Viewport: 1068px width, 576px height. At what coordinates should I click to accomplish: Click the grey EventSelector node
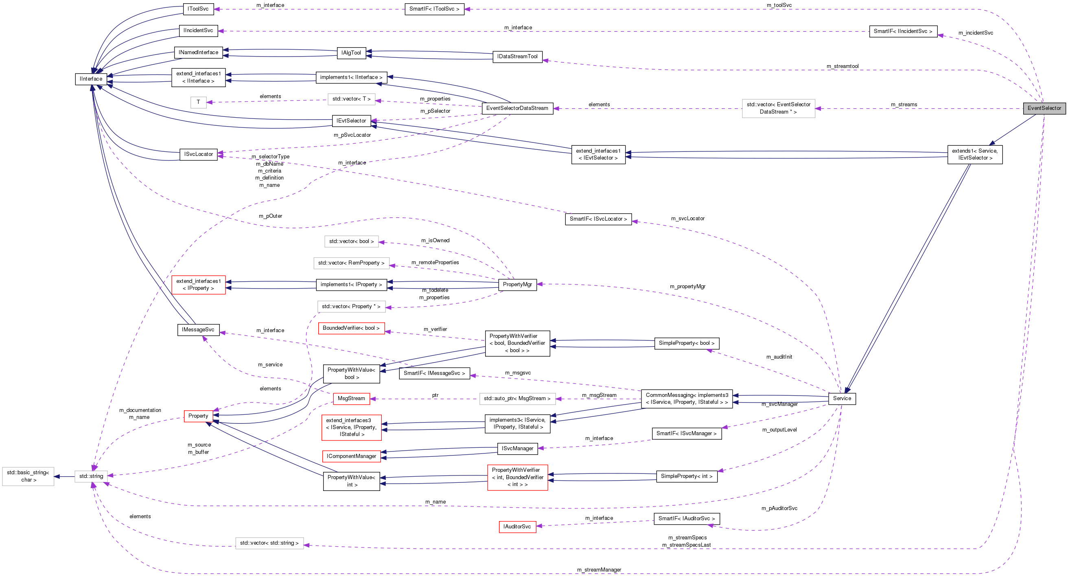coord(1044,108)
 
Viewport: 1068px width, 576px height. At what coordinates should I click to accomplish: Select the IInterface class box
coord(91,79)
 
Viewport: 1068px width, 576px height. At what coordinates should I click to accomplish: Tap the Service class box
coord(842,398)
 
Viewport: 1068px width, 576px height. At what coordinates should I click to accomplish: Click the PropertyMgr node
coord(517,284)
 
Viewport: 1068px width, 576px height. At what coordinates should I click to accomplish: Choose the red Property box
coord(198,416)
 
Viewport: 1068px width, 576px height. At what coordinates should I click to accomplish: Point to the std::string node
coord(91,475)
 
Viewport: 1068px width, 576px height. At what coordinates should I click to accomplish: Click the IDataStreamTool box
coord(517,57)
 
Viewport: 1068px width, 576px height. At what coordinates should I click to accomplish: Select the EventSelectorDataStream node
coord(516,108)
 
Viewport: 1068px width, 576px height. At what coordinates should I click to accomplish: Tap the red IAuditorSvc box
coord(516,526)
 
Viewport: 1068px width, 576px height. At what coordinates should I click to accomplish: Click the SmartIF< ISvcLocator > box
coord(598,219)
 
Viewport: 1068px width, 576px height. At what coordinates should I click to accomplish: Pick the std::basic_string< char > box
coord(28,475)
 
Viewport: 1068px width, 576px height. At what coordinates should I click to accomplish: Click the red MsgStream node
coord(351,398)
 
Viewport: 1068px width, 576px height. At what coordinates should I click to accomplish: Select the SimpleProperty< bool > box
coord(686,343)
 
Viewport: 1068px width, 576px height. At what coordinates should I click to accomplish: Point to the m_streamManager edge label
coord(599,569)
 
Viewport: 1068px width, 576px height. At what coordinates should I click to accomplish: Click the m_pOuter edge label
coord(270,216)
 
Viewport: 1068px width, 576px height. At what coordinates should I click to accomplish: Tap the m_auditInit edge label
coord(779,357)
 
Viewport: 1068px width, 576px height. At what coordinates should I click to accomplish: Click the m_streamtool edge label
coord(842,66)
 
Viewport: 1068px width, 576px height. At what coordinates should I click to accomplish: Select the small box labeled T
coord(198,102)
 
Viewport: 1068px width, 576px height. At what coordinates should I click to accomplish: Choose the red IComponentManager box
coord(351,456)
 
